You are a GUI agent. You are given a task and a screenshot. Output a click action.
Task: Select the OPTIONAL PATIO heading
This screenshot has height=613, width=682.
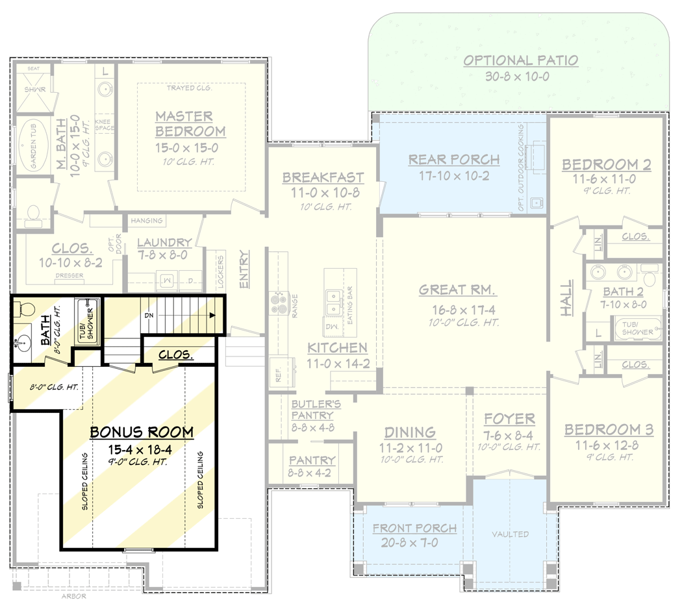(521, 60)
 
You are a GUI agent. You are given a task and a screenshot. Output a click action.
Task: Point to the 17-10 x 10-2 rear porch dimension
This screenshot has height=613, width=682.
(453, 175)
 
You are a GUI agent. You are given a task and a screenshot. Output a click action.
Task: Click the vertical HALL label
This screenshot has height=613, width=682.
(567, 298)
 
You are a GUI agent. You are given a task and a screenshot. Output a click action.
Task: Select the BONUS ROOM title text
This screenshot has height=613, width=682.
(142, 432)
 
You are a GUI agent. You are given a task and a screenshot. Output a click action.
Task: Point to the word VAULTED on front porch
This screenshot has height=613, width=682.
(510, 534)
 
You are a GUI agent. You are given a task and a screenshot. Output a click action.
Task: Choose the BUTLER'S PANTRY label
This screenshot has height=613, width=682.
(312, 409)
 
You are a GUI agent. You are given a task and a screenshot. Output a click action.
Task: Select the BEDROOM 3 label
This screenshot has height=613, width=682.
(608, 430)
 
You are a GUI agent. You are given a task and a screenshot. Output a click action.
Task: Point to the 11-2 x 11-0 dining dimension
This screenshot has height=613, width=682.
(410, 448)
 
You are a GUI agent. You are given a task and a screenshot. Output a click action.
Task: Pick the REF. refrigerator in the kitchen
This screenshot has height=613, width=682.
(278, 374)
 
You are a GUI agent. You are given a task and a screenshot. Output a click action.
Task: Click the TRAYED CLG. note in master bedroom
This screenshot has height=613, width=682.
(189, 88)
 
